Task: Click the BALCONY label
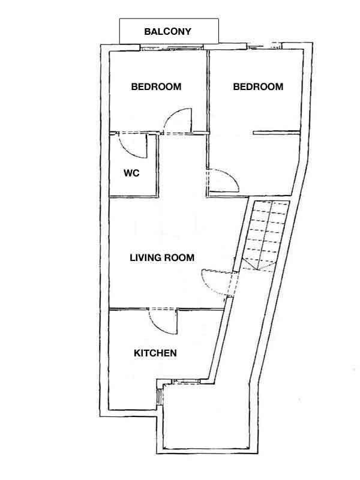click(x=167, y=32)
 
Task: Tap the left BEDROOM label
click(x=156, y=86)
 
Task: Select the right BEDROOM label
click(x=258, y=86)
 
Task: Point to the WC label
click(x=131, y=173)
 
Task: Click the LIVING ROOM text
click(x=162, y=257)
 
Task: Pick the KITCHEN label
click(x=155, y=353)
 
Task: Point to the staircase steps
click(x=266, y=235)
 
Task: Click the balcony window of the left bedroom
click(x=172, y=47)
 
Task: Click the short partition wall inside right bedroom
click(x=276, y=133)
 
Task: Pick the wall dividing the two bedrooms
click(x=208, y=91)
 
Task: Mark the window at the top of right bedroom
click(x=265, y=46)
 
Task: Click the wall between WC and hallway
click(x=158, y=166)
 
